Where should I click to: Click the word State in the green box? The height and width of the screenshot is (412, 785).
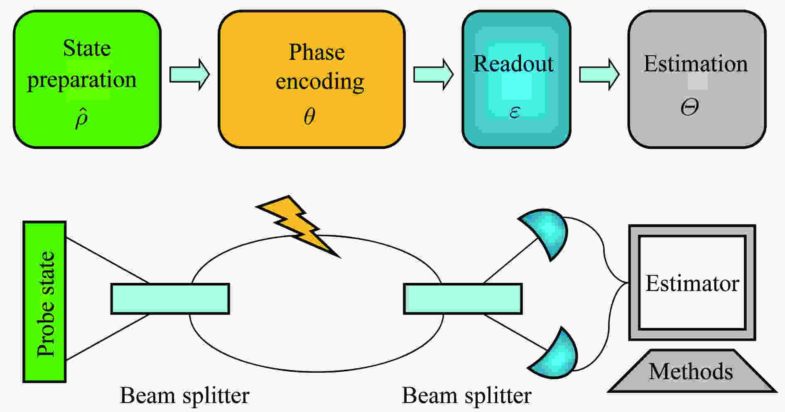point(87,48)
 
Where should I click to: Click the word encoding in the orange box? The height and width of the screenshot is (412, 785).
point(320,81)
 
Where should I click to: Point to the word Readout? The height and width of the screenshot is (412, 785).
point(513,64)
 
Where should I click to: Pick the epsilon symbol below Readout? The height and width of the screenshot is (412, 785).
point(515,112)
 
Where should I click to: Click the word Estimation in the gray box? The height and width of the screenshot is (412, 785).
point(696,64)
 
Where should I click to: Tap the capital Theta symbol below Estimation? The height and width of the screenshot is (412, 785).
point(689,107)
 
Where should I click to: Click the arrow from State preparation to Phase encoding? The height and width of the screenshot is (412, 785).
point(190,74)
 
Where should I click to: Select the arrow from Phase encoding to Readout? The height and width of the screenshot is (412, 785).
point(433,74)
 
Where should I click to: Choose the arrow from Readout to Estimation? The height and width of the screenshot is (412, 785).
point(599,74)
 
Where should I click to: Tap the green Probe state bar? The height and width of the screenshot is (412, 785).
point(44,302)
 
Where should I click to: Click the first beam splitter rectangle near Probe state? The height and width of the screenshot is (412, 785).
point(170,299)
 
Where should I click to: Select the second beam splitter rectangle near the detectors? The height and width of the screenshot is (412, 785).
point(463,299)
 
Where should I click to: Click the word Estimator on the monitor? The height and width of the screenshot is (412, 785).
point(692,284)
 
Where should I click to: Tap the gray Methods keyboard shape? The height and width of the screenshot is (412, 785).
point(692,371)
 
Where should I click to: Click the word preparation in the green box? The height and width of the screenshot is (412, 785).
point(82,80)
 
